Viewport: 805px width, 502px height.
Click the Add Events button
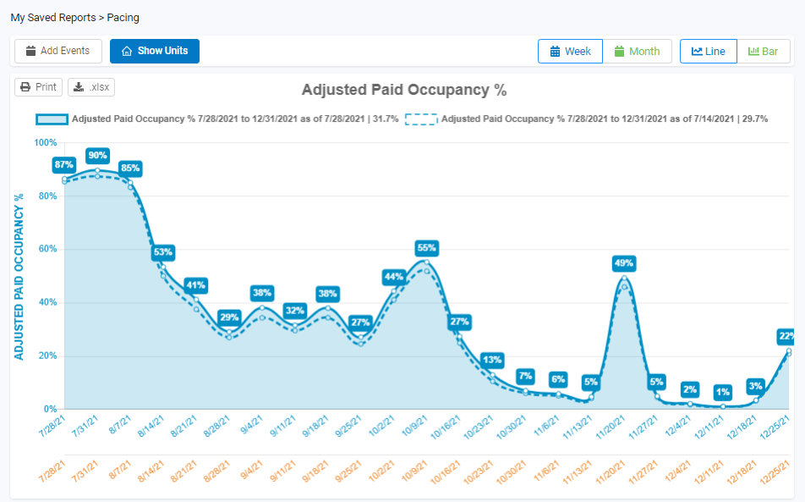[x=58, y=51]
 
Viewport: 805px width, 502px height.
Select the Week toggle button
[x=570, y=51]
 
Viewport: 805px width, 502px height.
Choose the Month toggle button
[x=637, y=51]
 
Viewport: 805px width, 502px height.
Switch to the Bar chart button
[x=763, y=51]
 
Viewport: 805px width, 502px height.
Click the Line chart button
[x=708, y=51]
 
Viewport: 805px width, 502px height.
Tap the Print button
[x=38, y=86]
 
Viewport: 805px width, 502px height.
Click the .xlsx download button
[x=91, y=86]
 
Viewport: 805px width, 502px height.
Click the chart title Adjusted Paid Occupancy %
[x=403, y=90]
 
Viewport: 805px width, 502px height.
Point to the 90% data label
[x=97, y=155]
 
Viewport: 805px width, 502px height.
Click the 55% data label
[x=426, y=248]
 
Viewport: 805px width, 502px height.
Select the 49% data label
[x=624, y=263]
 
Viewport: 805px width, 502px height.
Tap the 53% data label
[x=163, y=251]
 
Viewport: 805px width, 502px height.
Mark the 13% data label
[x=492, y=359]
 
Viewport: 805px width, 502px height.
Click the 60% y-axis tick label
[x=47, y=249]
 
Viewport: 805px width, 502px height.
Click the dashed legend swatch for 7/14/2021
[x=420, y=119]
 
